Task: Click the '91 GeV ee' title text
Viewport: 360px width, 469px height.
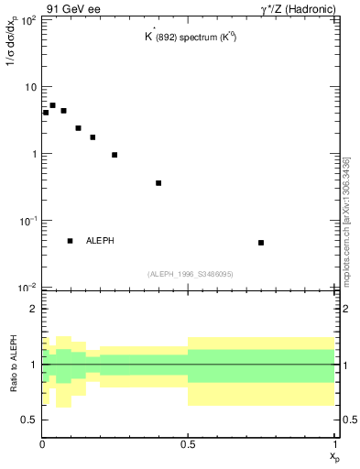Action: click(x=73, y=11)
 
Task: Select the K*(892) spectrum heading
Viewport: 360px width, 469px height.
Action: click(x=188, y=40)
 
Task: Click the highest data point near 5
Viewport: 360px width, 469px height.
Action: click(x=52, y=105)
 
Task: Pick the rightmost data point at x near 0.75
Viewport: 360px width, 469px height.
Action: click(x=261, y=243)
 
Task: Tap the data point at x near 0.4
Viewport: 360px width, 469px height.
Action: click(x=158, y=183)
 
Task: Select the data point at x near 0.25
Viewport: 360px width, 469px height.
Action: click(x=115, y=155)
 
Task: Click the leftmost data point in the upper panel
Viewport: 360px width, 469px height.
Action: click(x=46, y=113)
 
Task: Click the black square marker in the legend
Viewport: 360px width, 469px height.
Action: click(x=70, y=241)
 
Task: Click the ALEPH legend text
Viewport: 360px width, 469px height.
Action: click(x=100, y=241)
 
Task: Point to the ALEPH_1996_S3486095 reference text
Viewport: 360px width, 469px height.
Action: click(x=190, y=274)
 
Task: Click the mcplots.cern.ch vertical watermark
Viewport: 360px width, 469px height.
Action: click(x=345, y=220)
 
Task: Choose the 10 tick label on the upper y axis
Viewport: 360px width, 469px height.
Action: click(x=28, y=87)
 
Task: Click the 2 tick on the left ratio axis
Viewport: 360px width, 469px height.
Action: click(x=33, y=309)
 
